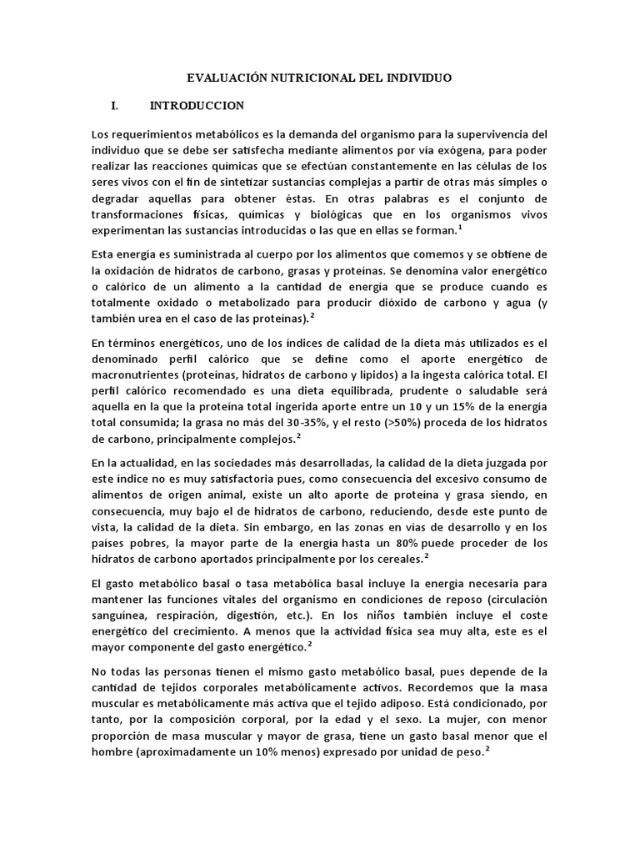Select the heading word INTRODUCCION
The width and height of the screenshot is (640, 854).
(197, 106)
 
